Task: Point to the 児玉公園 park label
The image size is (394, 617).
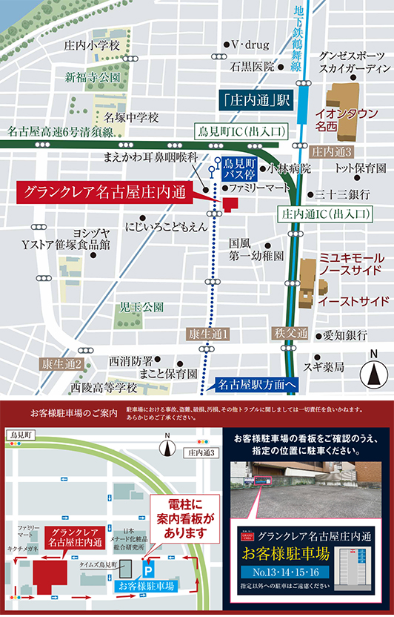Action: pos(141,306)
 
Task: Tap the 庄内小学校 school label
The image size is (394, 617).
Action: pos(93,45)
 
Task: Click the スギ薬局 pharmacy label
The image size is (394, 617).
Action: pos(324,367)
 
